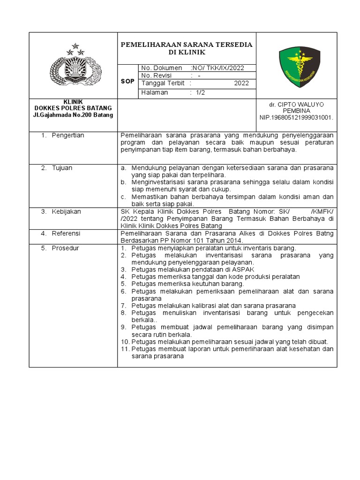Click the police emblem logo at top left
75,66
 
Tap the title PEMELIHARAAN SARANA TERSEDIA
187,45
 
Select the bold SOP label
127,81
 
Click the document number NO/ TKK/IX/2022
218,68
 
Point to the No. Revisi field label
157,75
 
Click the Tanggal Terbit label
162,83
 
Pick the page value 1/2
200,92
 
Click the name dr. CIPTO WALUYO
297,104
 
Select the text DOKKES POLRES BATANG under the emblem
74,108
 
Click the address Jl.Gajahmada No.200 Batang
74,115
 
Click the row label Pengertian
68,135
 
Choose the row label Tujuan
62,168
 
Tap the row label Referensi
66,233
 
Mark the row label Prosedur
65,247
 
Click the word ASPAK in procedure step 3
244,270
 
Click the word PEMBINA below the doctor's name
297,111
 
